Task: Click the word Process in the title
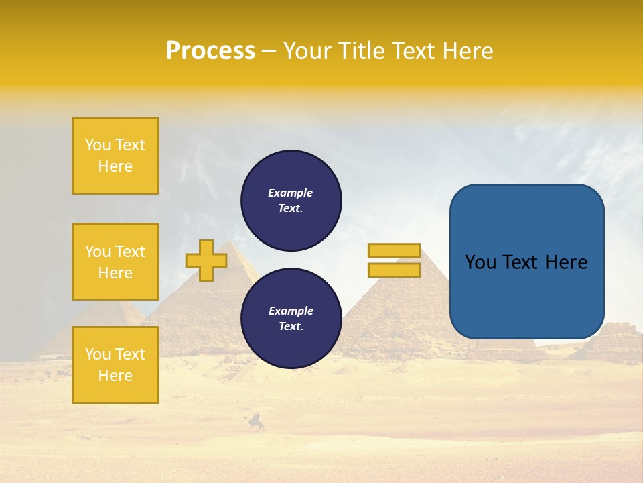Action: [x=210, y=51]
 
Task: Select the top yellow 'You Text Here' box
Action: [x=115, y=156]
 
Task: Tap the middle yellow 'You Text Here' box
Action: [x=115, y=262]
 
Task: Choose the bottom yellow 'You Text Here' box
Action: [x=115, y=365]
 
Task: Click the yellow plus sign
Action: [x=206, y=260]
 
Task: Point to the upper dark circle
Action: [x=291, y=201]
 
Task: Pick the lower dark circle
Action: [x=291, y=319]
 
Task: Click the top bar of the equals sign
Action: [x=394, y=251]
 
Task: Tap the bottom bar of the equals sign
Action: [x=394, y=270]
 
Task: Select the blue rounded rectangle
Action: [x=526, y=262]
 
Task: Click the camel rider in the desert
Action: [x=256, y=423]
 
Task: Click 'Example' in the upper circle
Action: [x=290, y=193]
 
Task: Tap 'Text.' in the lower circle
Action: [x=291, y=327]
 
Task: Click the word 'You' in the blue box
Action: [x=480, y=262]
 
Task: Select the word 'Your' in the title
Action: [x=307, y=51]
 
